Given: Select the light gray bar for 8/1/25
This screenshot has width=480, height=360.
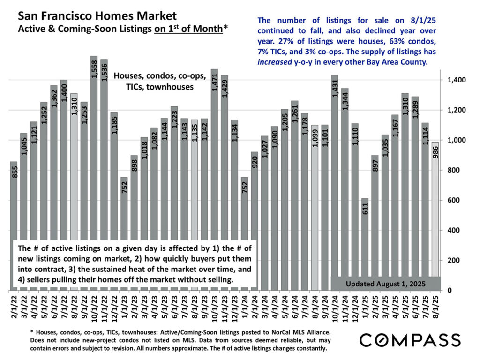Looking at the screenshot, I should pos(435,216).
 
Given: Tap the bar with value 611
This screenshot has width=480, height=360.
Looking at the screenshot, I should pos(365,244).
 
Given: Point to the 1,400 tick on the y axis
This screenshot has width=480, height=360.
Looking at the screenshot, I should pos(454,80).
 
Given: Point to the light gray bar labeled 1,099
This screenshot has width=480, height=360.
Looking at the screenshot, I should pos(315,206).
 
